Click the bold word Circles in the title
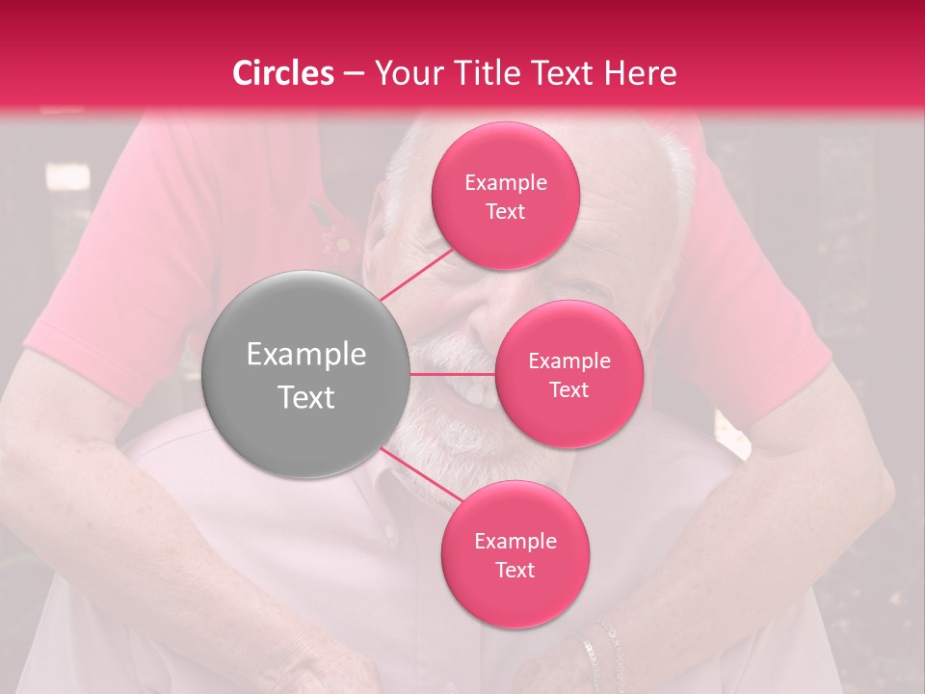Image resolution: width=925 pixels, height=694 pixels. pos(283,73)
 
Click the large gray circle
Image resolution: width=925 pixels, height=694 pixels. pos(305,374)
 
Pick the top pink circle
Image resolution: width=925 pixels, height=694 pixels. pos(505,196)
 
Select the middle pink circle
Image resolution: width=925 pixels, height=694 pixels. pos(568,374)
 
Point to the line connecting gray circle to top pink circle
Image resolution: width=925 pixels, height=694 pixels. pos(416,274)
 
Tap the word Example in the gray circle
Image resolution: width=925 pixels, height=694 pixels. pos(306,355)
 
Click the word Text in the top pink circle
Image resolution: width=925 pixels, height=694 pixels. pos(505,212)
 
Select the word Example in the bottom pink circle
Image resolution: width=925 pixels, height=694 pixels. pos(515,541)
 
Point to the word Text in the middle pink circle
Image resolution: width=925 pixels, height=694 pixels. pos(568,389)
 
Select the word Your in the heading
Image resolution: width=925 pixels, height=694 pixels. pos(404,73)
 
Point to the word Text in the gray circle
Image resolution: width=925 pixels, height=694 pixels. pos(306,397)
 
